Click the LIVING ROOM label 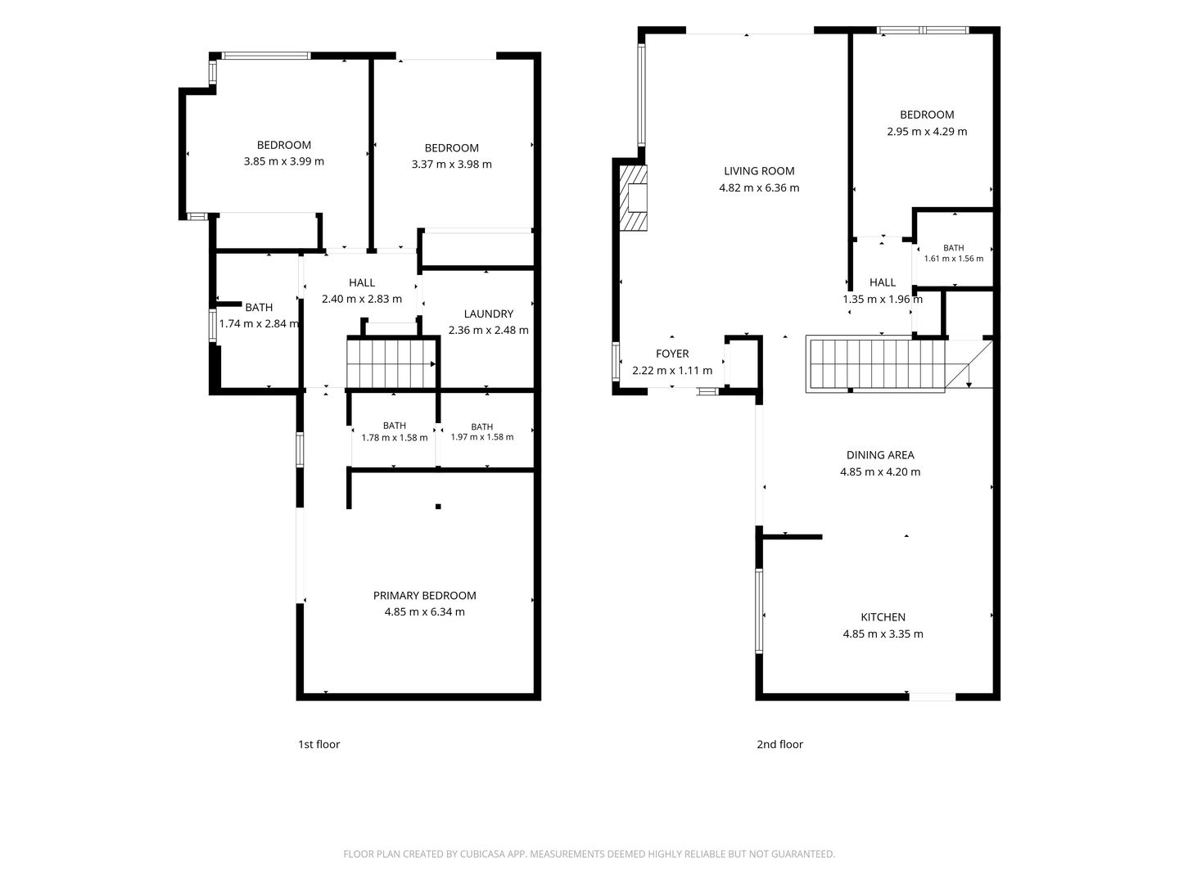(758, 171)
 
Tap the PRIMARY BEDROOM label (424, 595)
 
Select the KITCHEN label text (883, 617)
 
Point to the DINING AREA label (880, 455)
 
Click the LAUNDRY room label (488, 314)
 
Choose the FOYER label (672, 354)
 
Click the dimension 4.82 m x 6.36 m (759, 188)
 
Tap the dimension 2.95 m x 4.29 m (927, 132)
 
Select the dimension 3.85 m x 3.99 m (283, 161)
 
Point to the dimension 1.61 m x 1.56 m (953, 259)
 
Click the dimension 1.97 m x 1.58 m (481, 437)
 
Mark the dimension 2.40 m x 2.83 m (362, 299)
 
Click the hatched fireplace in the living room (633, 197)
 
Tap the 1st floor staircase (391, 363)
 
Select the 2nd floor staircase (899, 364)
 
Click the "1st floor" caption (319, 745)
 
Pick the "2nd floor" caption (780, 745)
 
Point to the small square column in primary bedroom (438, 507)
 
